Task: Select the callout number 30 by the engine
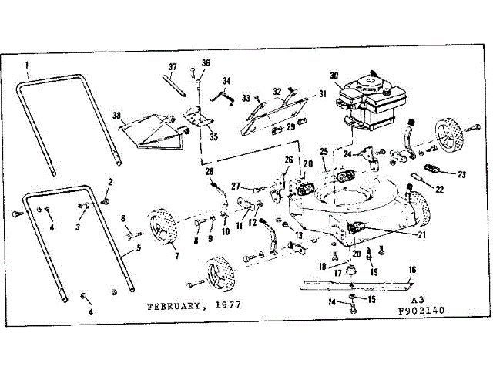[x=334, y=75]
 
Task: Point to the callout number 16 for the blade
[x=412, y=270]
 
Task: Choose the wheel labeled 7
[x=164, y=227]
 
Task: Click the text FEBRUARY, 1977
[x=194, y=305]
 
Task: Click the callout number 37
[x=173, y=66]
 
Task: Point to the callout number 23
[x=461, y=175]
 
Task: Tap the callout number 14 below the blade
[x=333, y=303]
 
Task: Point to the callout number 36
[x=206, y=62]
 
